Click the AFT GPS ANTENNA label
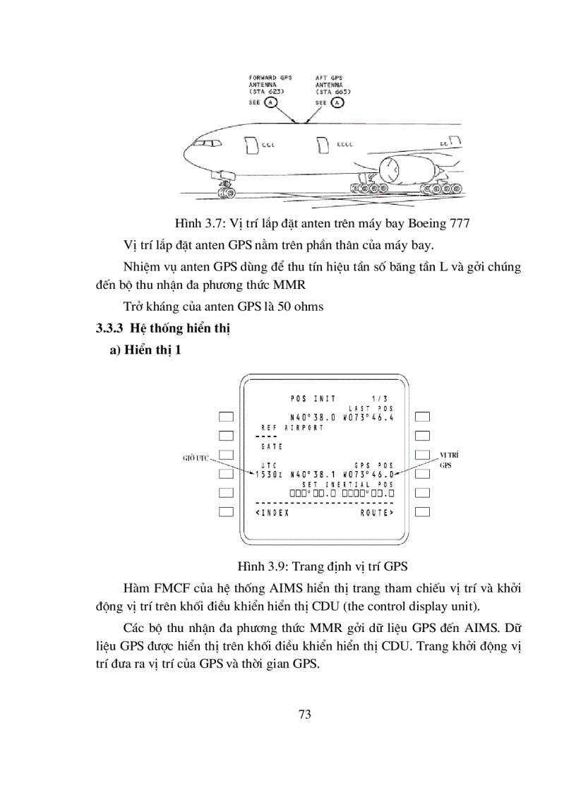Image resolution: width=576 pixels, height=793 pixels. [333, 84]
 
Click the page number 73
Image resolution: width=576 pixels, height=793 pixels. [304, 713]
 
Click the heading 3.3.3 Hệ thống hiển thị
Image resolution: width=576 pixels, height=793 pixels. [164, 328]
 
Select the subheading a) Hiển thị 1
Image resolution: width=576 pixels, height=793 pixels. [145, 351]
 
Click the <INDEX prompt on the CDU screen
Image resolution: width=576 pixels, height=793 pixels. [273, 512]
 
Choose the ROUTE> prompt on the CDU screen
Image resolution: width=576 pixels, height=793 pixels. [376, 512]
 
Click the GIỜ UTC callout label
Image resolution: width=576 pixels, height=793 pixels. [197, 458]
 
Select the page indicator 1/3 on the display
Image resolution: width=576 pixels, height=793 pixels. [380, 398]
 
